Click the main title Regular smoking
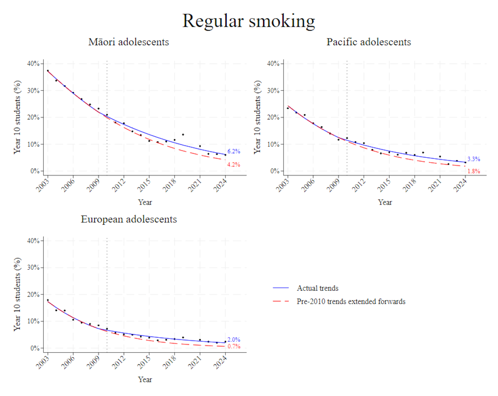pos(248,21)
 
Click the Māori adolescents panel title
pos(128,42)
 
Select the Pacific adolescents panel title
pos(368,42)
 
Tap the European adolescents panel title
pos(129,219)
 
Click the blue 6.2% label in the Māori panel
pos(233,151)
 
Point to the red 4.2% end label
pos(233,165)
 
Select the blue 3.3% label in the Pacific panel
pos(473,159)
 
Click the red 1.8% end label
pos(473,171)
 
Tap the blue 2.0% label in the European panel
pos(233,340)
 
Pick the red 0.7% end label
pos(233,346)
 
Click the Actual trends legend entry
pos(317,288)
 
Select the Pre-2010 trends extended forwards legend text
pos(351,301)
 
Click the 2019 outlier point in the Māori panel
pos(183,135)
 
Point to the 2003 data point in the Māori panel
pos(48,71)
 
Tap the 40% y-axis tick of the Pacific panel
pos(273,64)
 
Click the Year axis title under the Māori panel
pos(145,202)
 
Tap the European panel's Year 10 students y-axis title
pos(17,294)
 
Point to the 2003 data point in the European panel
pos(48,300)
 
